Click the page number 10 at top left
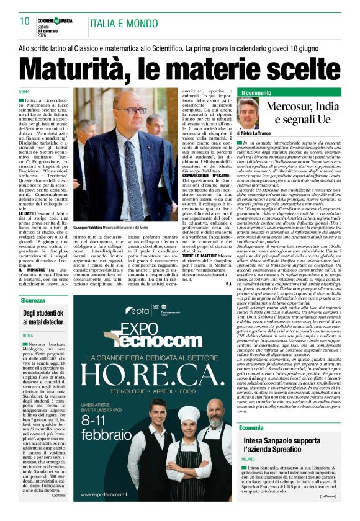(25, 21)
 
